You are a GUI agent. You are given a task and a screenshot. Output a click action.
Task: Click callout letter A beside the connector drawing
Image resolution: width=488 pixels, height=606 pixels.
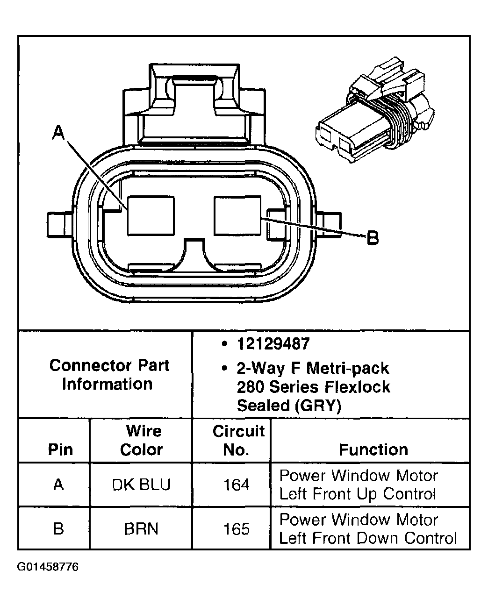point(58,133)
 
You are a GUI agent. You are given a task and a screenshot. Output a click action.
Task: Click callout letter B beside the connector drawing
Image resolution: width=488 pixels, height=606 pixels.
point(372,238)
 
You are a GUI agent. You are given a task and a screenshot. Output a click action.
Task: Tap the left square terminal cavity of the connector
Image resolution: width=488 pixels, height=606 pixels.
point(151,215)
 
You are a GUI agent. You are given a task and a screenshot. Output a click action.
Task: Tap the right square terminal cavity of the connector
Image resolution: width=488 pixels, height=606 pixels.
point(237,215)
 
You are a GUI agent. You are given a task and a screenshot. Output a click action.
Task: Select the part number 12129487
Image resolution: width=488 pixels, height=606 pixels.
point(273,344)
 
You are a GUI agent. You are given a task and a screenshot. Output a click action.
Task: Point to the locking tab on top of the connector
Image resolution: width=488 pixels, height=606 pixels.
point(194,103)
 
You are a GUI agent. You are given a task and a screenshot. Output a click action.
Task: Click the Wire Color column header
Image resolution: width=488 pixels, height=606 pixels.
point(141,440)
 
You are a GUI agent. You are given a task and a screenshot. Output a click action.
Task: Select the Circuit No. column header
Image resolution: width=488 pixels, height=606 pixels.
point(238,440)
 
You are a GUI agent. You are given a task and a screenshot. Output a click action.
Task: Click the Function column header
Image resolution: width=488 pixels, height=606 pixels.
point(373,449)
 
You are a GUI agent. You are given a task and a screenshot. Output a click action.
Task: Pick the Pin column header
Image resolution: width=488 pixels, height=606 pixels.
point(61,449)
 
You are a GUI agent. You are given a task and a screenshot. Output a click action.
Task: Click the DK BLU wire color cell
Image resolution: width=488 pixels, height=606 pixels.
point(141,485)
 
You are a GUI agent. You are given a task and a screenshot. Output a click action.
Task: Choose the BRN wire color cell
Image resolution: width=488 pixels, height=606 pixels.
point(141,529)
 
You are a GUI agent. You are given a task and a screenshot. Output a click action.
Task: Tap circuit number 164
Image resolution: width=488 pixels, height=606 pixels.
point(237,485)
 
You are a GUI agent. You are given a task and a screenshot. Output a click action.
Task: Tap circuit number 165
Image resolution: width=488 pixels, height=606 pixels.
point(237,529)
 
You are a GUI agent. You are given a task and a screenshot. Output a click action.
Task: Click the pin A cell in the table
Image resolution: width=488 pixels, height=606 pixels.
point(58,485)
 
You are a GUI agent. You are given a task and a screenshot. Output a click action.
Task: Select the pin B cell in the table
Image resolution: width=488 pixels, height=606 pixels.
point(58,529)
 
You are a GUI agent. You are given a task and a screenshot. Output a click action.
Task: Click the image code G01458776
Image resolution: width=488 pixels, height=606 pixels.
point(48,567)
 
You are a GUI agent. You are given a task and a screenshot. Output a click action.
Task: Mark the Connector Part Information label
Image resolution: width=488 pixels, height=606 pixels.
point(108,374)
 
